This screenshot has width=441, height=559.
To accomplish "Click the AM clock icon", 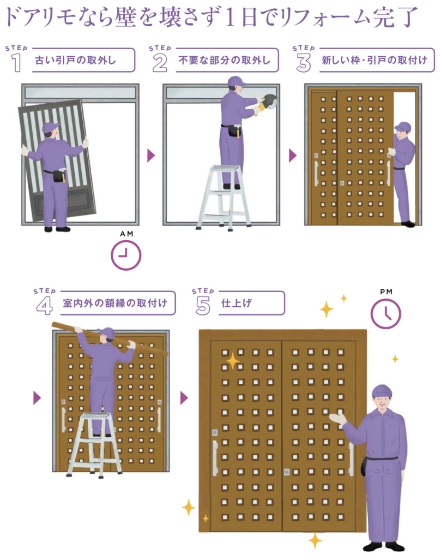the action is [125, 255].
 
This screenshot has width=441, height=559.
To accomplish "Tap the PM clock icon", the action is [386, 314].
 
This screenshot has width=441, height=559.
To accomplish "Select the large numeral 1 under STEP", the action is [16, 63].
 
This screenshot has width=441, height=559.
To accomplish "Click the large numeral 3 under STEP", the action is [303, 63].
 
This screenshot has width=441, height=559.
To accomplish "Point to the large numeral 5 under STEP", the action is [203, 306].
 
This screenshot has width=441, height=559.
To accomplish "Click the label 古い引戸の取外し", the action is [75, 60].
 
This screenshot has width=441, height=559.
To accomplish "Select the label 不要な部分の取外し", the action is [224, 60].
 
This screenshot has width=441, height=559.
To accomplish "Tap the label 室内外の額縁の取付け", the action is [115, 303].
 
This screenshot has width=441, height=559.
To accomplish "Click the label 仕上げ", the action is [237, 303].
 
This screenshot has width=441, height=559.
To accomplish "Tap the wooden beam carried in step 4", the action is [110, 338].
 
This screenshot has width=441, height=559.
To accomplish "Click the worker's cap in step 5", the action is [382, 391].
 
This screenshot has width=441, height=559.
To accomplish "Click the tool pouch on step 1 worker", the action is [59, 175].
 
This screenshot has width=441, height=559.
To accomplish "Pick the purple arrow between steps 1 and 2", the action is [152, 156].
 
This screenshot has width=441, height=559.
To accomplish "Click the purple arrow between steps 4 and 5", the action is [184, 398].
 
